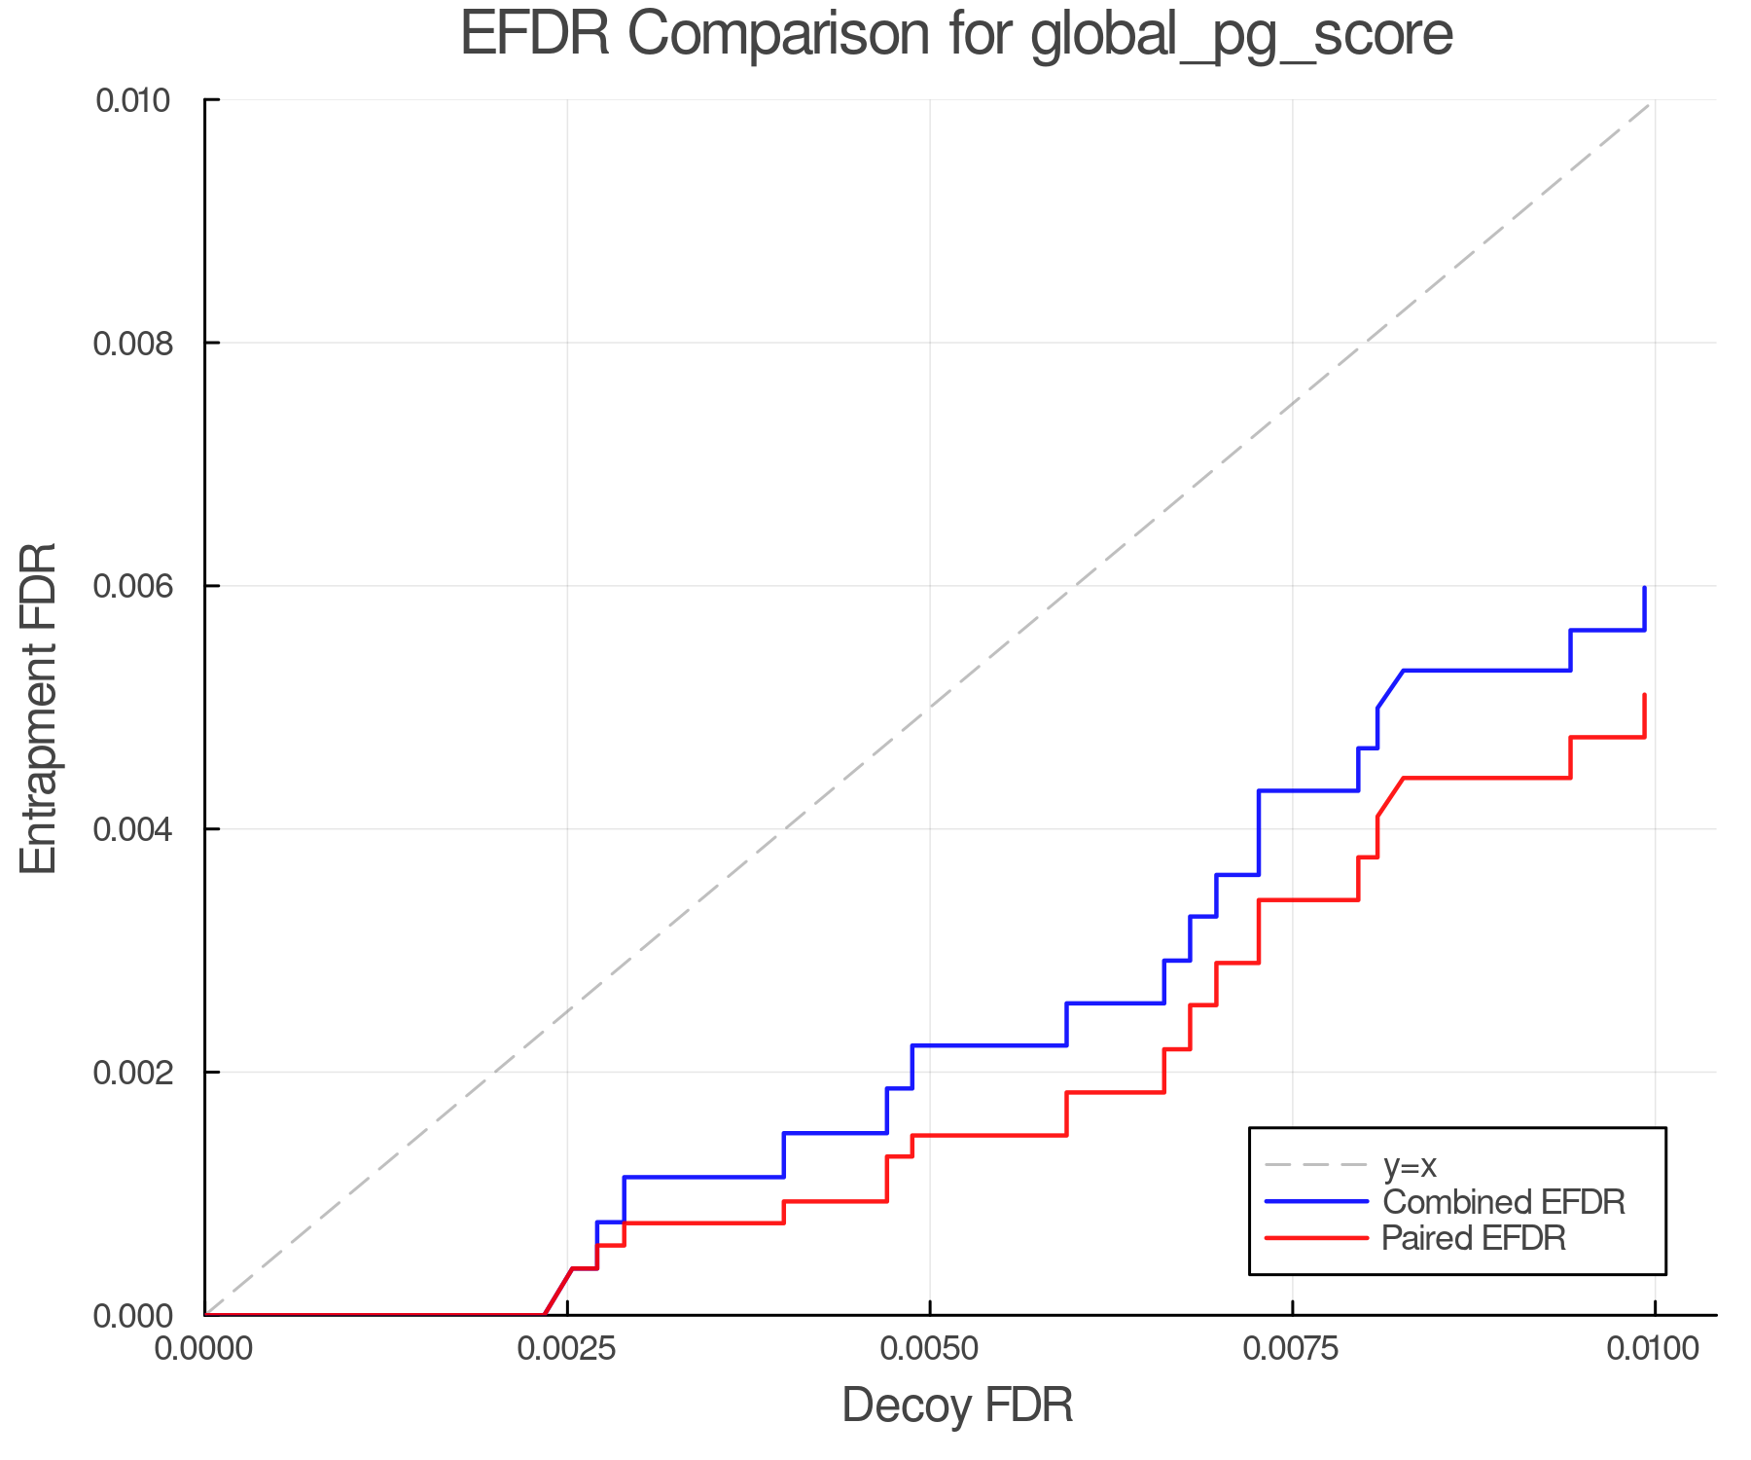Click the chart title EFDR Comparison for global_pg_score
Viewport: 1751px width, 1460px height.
956,35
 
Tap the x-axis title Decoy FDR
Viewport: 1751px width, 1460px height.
957,1405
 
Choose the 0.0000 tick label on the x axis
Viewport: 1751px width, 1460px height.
204,1349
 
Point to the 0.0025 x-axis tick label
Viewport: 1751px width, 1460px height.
567,1349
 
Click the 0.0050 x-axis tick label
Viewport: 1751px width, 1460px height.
930,1349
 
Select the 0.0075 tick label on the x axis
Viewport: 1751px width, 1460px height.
1292,1349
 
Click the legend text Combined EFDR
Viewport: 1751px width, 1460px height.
1503,1202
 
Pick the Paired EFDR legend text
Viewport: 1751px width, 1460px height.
1474,1238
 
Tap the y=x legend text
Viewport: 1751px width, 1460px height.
1410,1166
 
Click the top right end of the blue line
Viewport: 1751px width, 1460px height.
1644,588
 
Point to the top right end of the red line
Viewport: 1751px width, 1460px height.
1644,695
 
